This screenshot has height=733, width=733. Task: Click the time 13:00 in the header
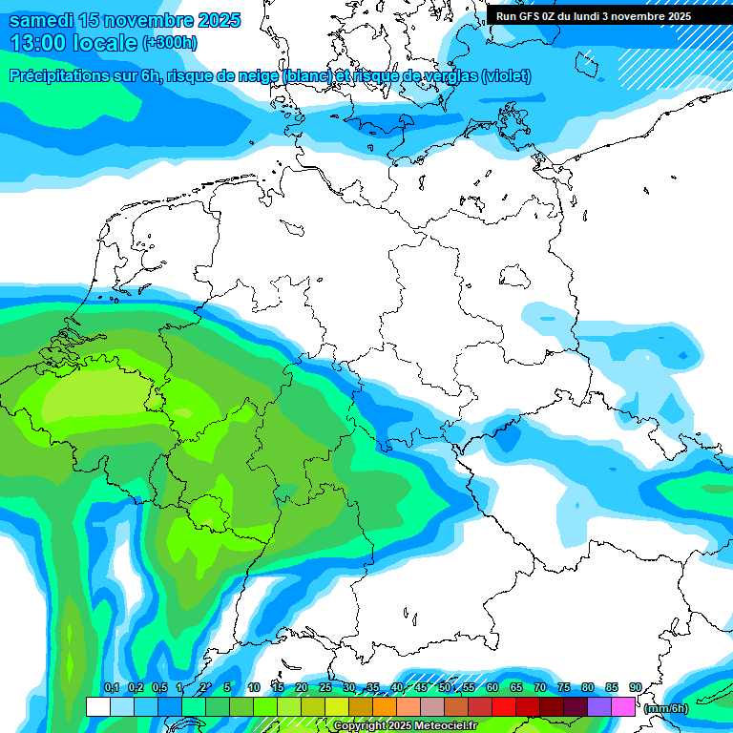click(39, 43)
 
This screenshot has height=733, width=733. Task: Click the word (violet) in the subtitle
click(507, 76)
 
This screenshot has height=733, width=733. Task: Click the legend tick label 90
click(635, 687)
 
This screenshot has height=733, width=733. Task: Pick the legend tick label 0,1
click(111, 687)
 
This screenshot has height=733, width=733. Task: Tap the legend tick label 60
click(492, 687)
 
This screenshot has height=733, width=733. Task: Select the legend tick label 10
click(253, 687)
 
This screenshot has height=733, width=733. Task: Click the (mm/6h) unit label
click(666, 708)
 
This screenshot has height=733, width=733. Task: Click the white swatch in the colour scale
click(97, 706)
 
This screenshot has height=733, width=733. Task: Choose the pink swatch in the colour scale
click(623, 706)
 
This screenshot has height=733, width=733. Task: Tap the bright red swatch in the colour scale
click(504, 706)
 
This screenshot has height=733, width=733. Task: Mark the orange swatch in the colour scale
click(385, 706)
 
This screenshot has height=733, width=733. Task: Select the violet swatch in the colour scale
click(599, 706)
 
